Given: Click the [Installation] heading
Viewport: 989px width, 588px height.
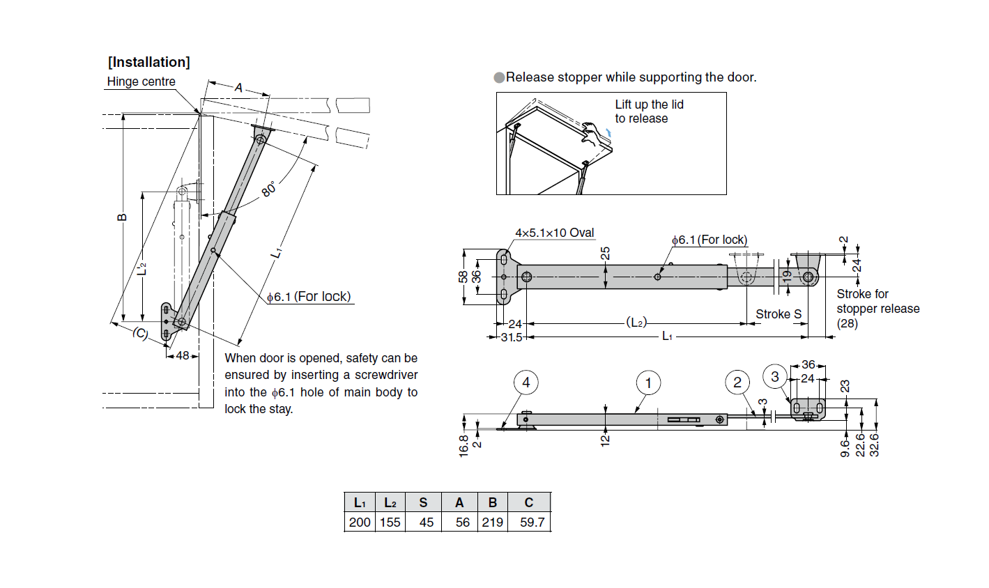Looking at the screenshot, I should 148,62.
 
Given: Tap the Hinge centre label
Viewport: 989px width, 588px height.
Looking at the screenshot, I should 141,82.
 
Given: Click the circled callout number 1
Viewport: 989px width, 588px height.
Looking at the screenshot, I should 648,382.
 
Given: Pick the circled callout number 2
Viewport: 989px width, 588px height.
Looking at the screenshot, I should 737,382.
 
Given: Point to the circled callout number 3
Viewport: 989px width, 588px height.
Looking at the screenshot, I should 775,377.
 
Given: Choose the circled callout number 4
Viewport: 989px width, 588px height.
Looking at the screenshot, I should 526,382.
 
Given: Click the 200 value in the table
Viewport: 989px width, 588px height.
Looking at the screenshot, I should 360,522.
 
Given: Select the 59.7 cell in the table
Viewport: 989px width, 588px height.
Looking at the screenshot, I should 532,522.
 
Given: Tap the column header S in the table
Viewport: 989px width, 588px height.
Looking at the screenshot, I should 423,502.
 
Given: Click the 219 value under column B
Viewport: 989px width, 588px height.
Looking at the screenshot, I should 493,522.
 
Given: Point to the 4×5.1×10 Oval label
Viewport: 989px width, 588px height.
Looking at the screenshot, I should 554,233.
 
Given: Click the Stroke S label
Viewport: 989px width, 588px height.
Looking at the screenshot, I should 779,314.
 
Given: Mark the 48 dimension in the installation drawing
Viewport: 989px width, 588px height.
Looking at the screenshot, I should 183,355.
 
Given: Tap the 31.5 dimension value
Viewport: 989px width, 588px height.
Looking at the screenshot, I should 511,337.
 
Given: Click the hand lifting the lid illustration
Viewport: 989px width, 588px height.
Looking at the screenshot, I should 593,134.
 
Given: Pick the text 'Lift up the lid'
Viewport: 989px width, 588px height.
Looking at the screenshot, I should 649,105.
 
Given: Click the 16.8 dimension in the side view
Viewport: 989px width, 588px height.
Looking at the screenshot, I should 464,444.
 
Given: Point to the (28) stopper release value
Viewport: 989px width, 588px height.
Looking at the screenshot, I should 847,323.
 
